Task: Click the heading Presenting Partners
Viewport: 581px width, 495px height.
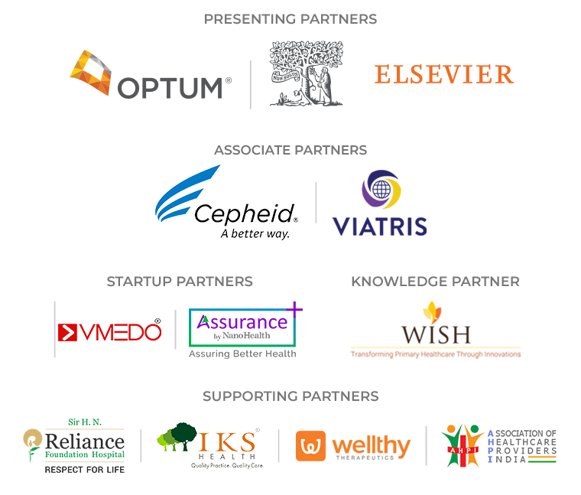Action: click(290, 18)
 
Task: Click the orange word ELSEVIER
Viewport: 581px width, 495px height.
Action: click(443, 74)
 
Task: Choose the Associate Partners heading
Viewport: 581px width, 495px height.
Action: click(290, 150)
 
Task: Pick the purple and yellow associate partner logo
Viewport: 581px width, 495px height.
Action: click(378, 202)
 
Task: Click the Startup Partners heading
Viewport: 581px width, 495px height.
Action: click(180, 282)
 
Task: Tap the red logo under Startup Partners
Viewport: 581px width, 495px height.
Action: click(109, 329)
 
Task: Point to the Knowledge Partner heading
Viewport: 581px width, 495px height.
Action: click(435, 282)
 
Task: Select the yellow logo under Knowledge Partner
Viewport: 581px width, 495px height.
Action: click(435, 329)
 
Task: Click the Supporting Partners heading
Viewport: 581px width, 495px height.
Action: click(290, 396)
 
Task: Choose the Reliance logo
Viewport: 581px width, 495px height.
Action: click(73, 445)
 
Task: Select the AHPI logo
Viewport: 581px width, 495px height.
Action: click(498, 445)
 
